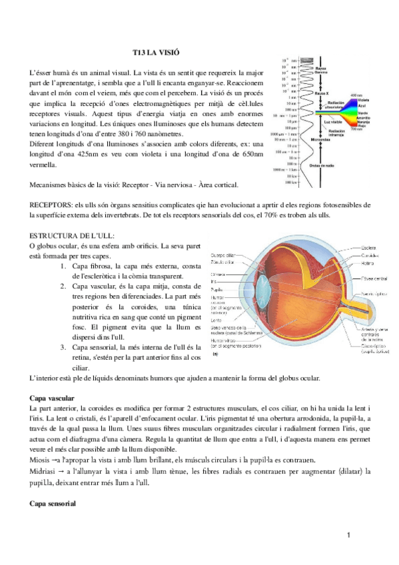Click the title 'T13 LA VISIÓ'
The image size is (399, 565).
tap(157, 51)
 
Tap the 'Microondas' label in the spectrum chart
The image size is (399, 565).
tap(320, 140)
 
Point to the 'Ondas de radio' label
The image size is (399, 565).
tap(322, 166)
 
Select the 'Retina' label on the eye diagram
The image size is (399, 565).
tap(367, 263)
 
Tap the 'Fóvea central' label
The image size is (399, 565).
tap(374, 278)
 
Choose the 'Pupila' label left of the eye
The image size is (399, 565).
tap(217, 290)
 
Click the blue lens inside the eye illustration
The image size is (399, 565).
tap(262, 296)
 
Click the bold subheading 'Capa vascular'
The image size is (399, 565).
tap(53, 398)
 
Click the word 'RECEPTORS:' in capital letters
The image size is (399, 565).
tap(53, 205)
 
